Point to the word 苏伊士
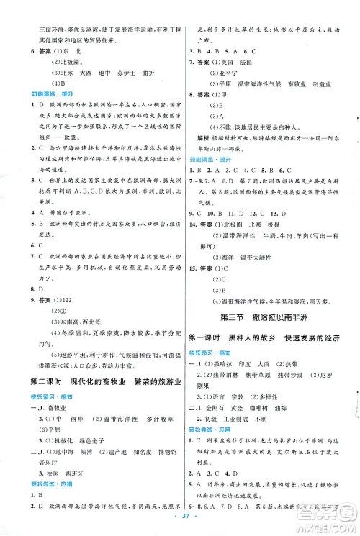(x=122, y=73)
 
